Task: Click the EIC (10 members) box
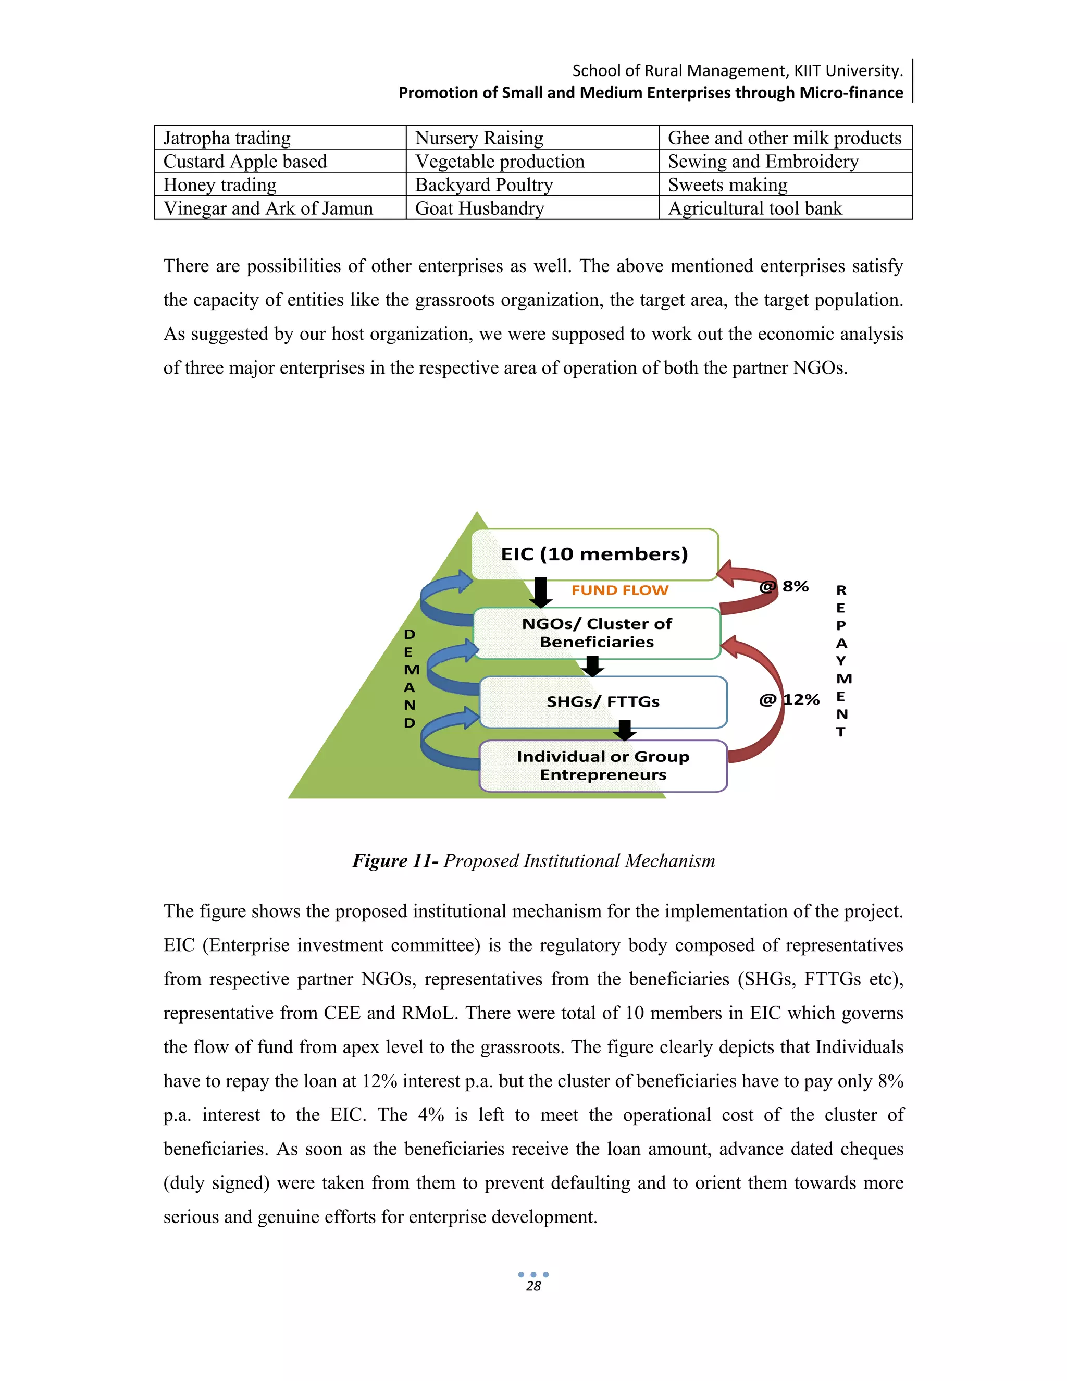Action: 594,554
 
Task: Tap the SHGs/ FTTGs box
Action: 602,701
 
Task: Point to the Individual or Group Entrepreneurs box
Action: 602,765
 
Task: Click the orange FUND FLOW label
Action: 619,590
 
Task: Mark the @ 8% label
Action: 785,586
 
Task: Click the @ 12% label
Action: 789,699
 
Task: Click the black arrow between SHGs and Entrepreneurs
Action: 625,730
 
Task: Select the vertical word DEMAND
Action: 410,678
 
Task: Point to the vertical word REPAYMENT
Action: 841,660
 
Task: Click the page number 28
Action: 533,1286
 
